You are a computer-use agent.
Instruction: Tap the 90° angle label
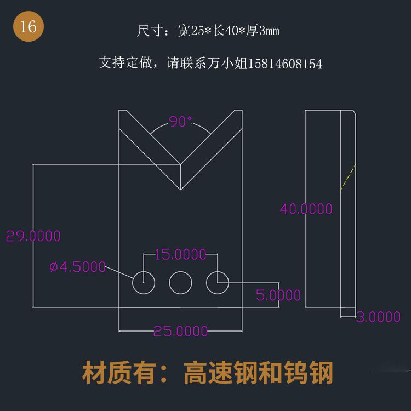pyautogui.click(x=180, y=122)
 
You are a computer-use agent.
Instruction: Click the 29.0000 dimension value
pyautogui.click(x=33, y=236)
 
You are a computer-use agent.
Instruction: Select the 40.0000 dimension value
pyautogui.click(x=306, y=209)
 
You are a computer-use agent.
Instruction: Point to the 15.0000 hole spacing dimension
pyautogui.click(x=180, y=254)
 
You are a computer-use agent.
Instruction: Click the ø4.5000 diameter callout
pyautogui.click(x=77, y=267)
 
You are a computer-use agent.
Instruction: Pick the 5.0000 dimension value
pyautogui.click(x=278, y=295)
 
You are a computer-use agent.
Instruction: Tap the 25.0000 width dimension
pyautogui.click(x=180, y=331)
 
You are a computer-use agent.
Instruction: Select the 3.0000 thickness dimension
pyautogui.click(x=378, y=317)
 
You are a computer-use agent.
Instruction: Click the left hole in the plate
pyautogui.click(x=144, y=283)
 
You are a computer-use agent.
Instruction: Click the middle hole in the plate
pyautogui.click(x=180, y=283)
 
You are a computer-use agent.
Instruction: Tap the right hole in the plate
pyautogui.click(x=218, y=283)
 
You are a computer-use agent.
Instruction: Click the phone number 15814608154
pyautogui.click(x=286, y=64)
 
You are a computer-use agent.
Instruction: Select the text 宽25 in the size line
pyautogui.click(x=192, y=31)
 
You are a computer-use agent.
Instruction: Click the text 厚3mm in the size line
pyautogui.click(x=262, y=31)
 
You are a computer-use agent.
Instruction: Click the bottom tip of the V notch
pyautogui.click(x=181, y=190)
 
